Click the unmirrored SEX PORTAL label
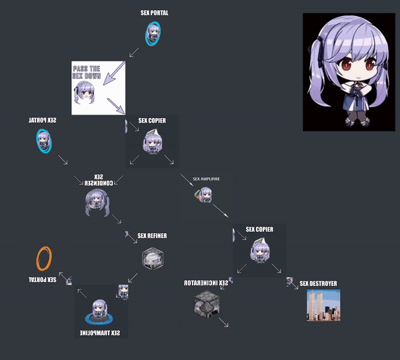154,12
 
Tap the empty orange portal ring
45,257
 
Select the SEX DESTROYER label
318,283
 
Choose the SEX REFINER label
152,235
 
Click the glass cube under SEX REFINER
152,258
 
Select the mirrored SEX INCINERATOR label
206,283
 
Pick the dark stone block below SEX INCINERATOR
206,303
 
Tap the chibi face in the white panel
85,95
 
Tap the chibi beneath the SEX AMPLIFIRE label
205,194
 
